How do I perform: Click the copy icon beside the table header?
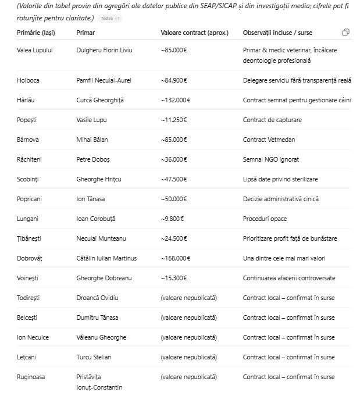(x=346, y=32)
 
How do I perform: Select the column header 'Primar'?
(x=85, y=32)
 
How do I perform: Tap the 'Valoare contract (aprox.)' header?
(x=194, y=32)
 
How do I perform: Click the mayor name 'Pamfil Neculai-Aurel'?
(x=104, y=80)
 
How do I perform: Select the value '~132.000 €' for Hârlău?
(x=175, y=100)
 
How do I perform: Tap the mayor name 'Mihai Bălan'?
(x=92, y=140)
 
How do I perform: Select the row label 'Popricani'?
(x=30, y=199)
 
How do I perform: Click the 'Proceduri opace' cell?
(x=265, y=219)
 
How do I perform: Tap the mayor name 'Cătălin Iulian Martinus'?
(x=106, y=258)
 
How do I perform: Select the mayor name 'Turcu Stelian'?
(x=94, y=357)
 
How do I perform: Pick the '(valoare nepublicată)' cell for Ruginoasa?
(x=188, y=377)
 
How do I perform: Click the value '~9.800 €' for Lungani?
(x=172, y=219)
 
